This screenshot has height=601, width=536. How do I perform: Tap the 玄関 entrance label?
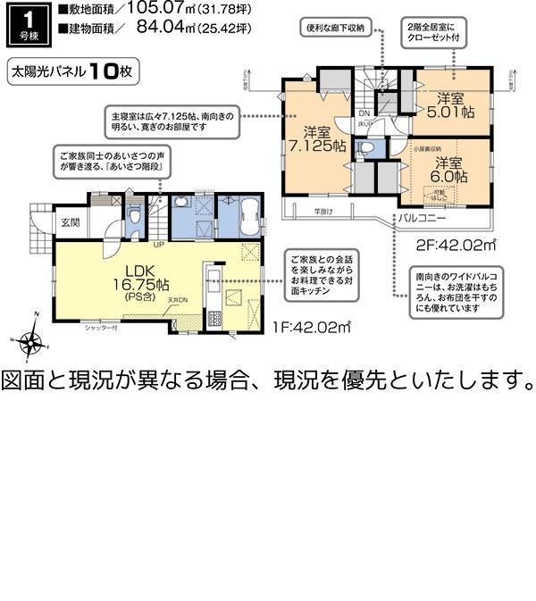tap(71, 221)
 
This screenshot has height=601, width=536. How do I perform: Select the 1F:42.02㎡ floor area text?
tap(310, 328)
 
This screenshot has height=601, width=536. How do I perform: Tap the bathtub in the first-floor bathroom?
tap(246, 216)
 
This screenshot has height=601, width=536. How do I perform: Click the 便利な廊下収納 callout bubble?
tap(336, 29)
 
